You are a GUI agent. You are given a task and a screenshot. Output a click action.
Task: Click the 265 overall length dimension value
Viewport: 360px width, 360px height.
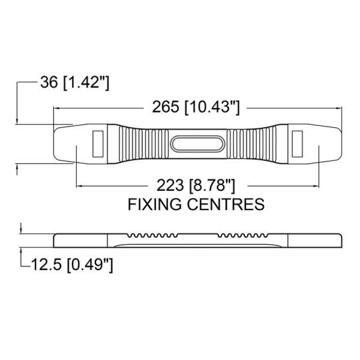tap(165, 107)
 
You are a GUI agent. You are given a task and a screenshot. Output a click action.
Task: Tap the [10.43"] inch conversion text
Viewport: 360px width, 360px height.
tap(212, 108)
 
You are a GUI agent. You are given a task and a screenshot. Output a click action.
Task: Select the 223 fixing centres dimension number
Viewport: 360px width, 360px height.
tap(170, 185)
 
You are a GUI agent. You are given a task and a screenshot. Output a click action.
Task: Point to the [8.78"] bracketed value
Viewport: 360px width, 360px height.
tap(212, 186)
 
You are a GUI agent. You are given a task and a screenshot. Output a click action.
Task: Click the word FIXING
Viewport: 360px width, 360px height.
tap(156, 204)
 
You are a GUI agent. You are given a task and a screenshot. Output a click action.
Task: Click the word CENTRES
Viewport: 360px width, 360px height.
tap(226, 204)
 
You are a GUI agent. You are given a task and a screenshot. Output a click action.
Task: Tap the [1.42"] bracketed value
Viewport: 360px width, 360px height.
tap(86, 83)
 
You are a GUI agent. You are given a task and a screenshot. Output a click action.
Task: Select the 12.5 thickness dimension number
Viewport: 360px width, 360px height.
tap(46, 264)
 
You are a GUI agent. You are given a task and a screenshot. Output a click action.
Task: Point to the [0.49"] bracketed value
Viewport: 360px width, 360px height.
tap(90, 265)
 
